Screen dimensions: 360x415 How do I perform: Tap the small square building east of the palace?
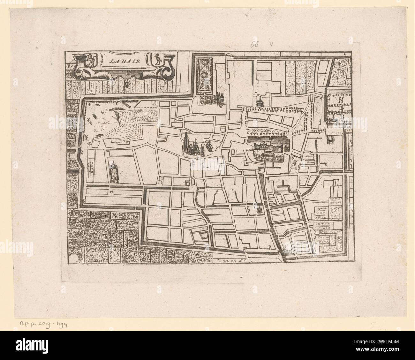329,139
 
